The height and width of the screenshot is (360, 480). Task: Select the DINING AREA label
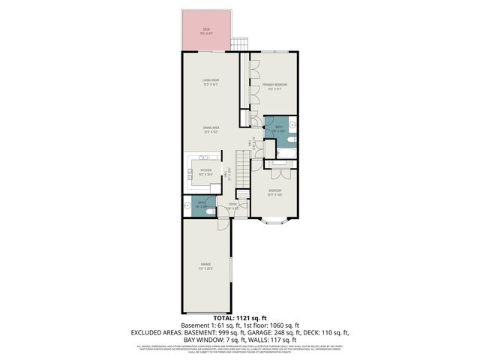pyautogui.click(x=210, y=128)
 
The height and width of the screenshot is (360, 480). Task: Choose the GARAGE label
pyautogui.click(x=205, y=265)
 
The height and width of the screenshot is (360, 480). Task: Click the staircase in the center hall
pyautogui.click(x=243, y=164)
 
